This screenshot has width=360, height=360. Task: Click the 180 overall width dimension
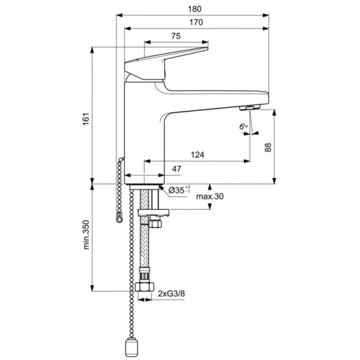pyautogui.click(x=195, y=9)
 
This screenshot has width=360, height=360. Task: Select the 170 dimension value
pyautogui.click(x=196, y=22)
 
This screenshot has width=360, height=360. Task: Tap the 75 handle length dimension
pyautogui.click(x=176, y=36)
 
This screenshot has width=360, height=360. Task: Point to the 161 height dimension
pyautogui.click(x=86, y=119)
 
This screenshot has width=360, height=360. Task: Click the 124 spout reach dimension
pyautogui.click(x=198, y=155)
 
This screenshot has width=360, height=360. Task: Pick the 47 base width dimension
pyautogui.click(x=176, y=169)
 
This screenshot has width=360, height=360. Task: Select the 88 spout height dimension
pyautogui.click(x=267, y=147)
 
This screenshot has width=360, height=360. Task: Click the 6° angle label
pyautogui.click(x=243, y=127)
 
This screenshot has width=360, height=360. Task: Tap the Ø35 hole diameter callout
pyautogui.click(x=179, y=190)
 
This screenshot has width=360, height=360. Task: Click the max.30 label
pyautogui.click(x=210, y=196)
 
